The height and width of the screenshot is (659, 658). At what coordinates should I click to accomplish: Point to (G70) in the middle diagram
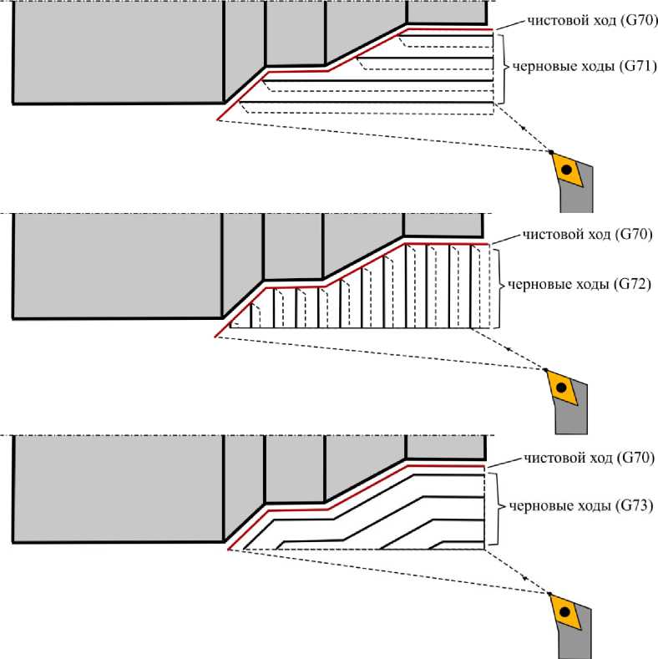pyautogui.click(x=633, y=235)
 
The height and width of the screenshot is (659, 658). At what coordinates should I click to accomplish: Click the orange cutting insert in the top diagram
pyautogui.click(x=568, y=169)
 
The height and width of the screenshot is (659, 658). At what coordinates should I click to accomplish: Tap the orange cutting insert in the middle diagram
pyautogui.click(x=562, y=387)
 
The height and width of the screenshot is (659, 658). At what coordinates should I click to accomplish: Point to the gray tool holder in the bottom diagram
pyautogui.click(x=577, y=639)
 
